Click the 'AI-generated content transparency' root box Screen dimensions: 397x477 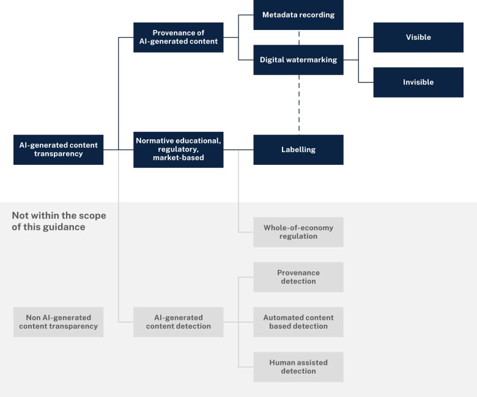(x=58, y=150)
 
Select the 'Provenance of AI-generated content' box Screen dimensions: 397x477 (x=178, y=37)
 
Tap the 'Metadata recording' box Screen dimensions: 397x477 (x=298, y=15)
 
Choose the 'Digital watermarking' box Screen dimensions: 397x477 (x=298, y=60)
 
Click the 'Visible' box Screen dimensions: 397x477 (x=418, y=37)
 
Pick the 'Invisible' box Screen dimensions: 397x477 (x=418, y=82)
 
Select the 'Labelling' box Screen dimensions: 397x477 (x=298, y=150)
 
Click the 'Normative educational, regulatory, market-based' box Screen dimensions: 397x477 (x=178, y=150)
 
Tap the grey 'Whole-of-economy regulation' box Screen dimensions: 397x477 (x=298, y=232)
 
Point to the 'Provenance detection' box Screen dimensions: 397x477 (x=298, y=277)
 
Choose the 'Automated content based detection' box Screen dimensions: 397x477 (x=298, y=322)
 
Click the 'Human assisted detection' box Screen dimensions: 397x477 (x=298, y=366)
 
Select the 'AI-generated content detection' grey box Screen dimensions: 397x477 (x=178, y=322)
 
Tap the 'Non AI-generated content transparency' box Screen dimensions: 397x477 (x=58, y=322)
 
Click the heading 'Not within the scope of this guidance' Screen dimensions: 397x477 (x=59, y=221)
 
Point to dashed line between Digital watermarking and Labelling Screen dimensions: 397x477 (x=299, y=104)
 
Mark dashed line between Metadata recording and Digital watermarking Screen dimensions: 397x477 (x=299, y=37)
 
